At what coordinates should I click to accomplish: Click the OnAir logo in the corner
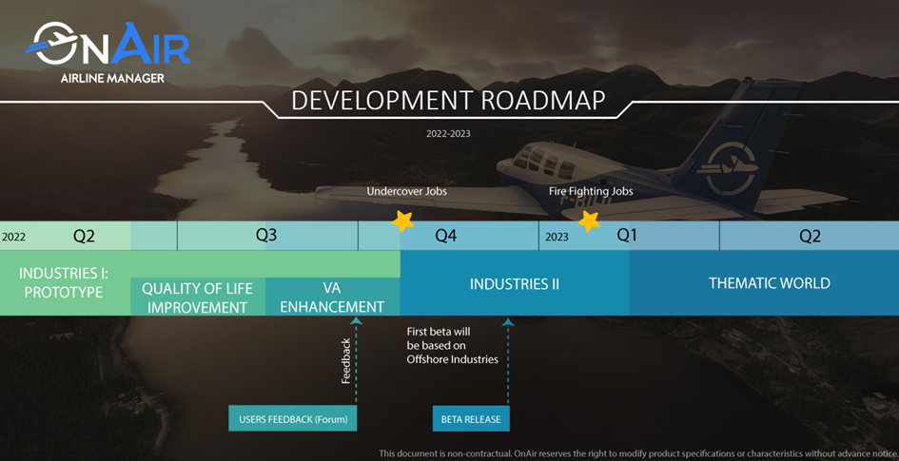point(107,52)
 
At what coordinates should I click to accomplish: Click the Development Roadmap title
point(448,100)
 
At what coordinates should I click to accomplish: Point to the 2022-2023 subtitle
point(448,133)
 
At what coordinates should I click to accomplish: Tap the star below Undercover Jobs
point(402,221)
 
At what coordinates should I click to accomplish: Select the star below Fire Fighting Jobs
point(588,221)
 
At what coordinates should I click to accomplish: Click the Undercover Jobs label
point(406,191)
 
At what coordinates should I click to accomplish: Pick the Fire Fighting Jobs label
point(591,191)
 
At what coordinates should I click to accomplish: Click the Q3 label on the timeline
point(266,236)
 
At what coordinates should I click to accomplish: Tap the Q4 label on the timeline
point(445,236)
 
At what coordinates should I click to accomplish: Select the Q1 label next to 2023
point(627,236)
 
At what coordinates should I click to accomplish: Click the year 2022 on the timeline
point(13,237)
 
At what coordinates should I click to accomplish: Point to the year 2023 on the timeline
point(557,237)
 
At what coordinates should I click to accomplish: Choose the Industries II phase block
point(515,283)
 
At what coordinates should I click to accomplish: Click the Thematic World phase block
point(764,283)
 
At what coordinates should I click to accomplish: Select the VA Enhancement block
point(333,297)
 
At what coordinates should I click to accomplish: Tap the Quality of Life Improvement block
point(198,297)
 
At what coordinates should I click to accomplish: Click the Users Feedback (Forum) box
point(292,418)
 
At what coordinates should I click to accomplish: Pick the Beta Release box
point(471,418)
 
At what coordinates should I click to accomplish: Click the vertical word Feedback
point(345,361)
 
